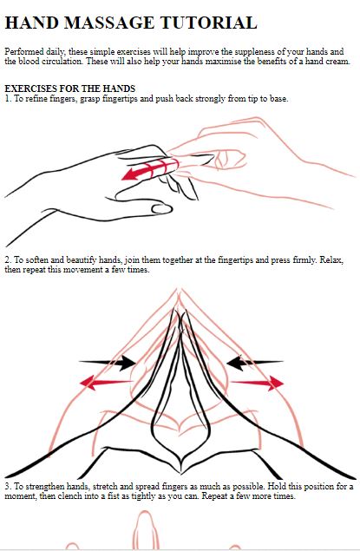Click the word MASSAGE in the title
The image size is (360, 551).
(x=109, y=23)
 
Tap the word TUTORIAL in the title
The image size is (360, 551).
(x=209, y=23)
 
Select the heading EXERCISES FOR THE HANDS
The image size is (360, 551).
(x=70, y=89)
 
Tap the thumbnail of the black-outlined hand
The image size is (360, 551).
(x=162, y=209)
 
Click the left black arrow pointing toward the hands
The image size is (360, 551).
(x=108, y=363)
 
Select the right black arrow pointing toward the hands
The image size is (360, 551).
(x=255, y=363)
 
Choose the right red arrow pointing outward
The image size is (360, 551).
(x=257, y=383)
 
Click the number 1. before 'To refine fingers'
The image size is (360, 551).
(x=8, y=98)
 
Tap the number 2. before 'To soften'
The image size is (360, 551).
(x=8, y=260)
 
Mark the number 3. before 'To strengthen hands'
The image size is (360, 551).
(x=8, y=486)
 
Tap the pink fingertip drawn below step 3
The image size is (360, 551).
(x=145, y=529)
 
